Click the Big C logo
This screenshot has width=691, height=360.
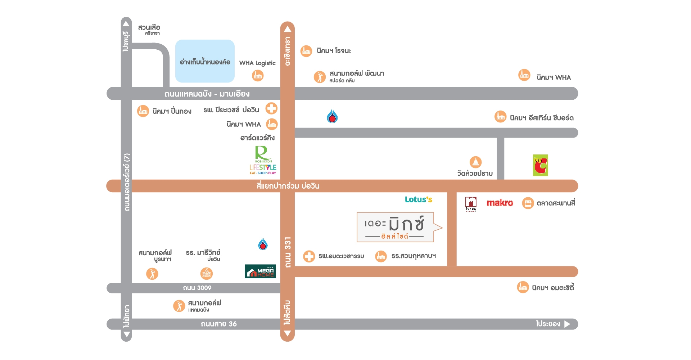click(x=540, y=165)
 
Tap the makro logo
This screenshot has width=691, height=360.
click(x=500, y=203)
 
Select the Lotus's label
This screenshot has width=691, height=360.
click(x=418, y=199)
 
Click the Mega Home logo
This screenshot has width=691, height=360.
click(x=260, y=271)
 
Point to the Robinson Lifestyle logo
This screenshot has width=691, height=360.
click(x=263, y=160)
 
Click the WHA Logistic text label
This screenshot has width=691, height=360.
click(x=257, y=63)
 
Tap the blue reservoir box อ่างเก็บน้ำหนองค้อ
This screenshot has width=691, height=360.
click(x=205, y=61)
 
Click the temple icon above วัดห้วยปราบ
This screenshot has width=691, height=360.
click(x=475, y=162)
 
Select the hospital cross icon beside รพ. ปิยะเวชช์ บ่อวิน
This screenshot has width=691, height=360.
click(x=271, y=108)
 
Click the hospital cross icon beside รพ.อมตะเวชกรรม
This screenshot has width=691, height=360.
click(x=309, y=256)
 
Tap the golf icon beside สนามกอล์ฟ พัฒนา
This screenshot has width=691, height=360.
click(x=319, y=77)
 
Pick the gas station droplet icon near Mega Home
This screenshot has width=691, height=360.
click(x=263, y=244)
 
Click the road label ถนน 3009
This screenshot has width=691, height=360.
click(x=197, y=288)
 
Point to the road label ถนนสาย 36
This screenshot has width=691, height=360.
click(x=218, y=324)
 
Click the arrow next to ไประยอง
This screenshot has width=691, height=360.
click(x=567, y=324)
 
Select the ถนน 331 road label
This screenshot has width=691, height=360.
click(x=288, y=252)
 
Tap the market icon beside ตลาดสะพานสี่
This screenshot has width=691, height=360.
click(x=528, y=203)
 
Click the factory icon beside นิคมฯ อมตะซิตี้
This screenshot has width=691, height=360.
click(x=523, y=287)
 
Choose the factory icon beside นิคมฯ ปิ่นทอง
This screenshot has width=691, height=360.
click(x=143, y=111)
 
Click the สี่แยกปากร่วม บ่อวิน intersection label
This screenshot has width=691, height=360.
click(x=288, y=186)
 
